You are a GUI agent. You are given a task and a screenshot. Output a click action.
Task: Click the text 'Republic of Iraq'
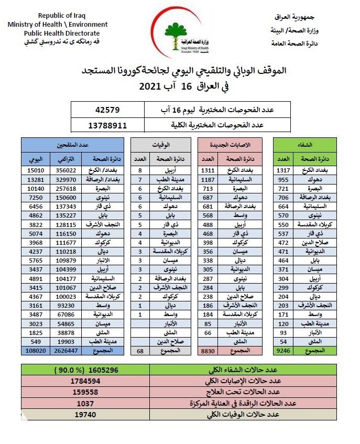58,15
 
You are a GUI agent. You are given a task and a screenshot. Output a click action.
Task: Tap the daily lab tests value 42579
108,110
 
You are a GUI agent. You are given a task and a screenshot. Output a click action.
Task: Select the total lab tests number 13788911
108,125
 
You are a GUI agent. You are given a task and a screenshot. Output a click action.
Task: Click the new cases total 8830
208,350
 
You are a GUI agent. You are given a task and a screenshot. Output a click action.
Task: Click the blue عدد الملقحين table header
73,144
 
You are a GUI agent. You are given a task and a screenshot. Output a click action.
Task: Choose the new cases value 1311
208,170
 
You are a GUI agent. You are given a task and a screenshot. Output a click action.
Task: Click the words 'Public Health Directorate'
58,33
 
